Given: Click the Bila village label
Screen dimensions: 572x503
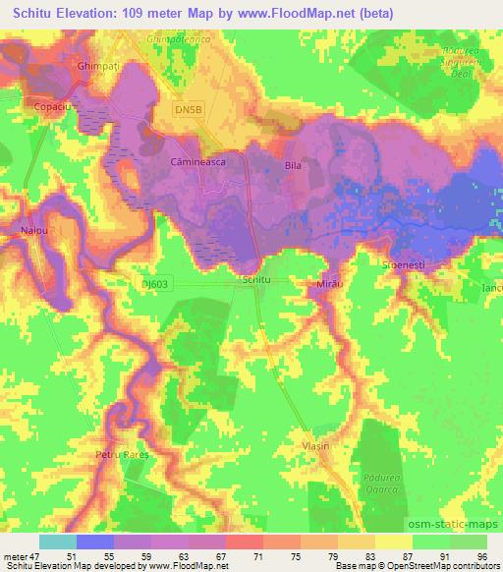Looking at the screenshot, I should tap(292, 166).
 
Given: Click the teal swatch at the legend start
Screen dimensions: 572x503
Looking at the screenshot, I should tap(58, 543).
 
